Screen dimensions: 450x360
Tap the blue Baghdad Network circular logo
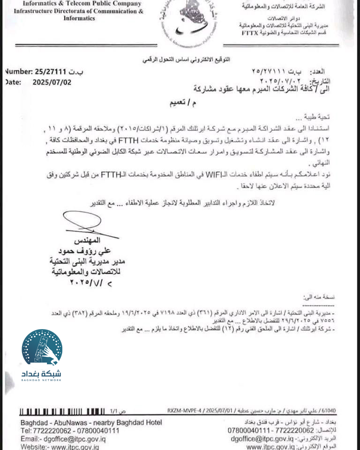point(41,349)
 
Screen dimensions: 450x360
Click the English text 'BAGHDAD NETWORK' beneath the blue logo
point(41,380)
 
